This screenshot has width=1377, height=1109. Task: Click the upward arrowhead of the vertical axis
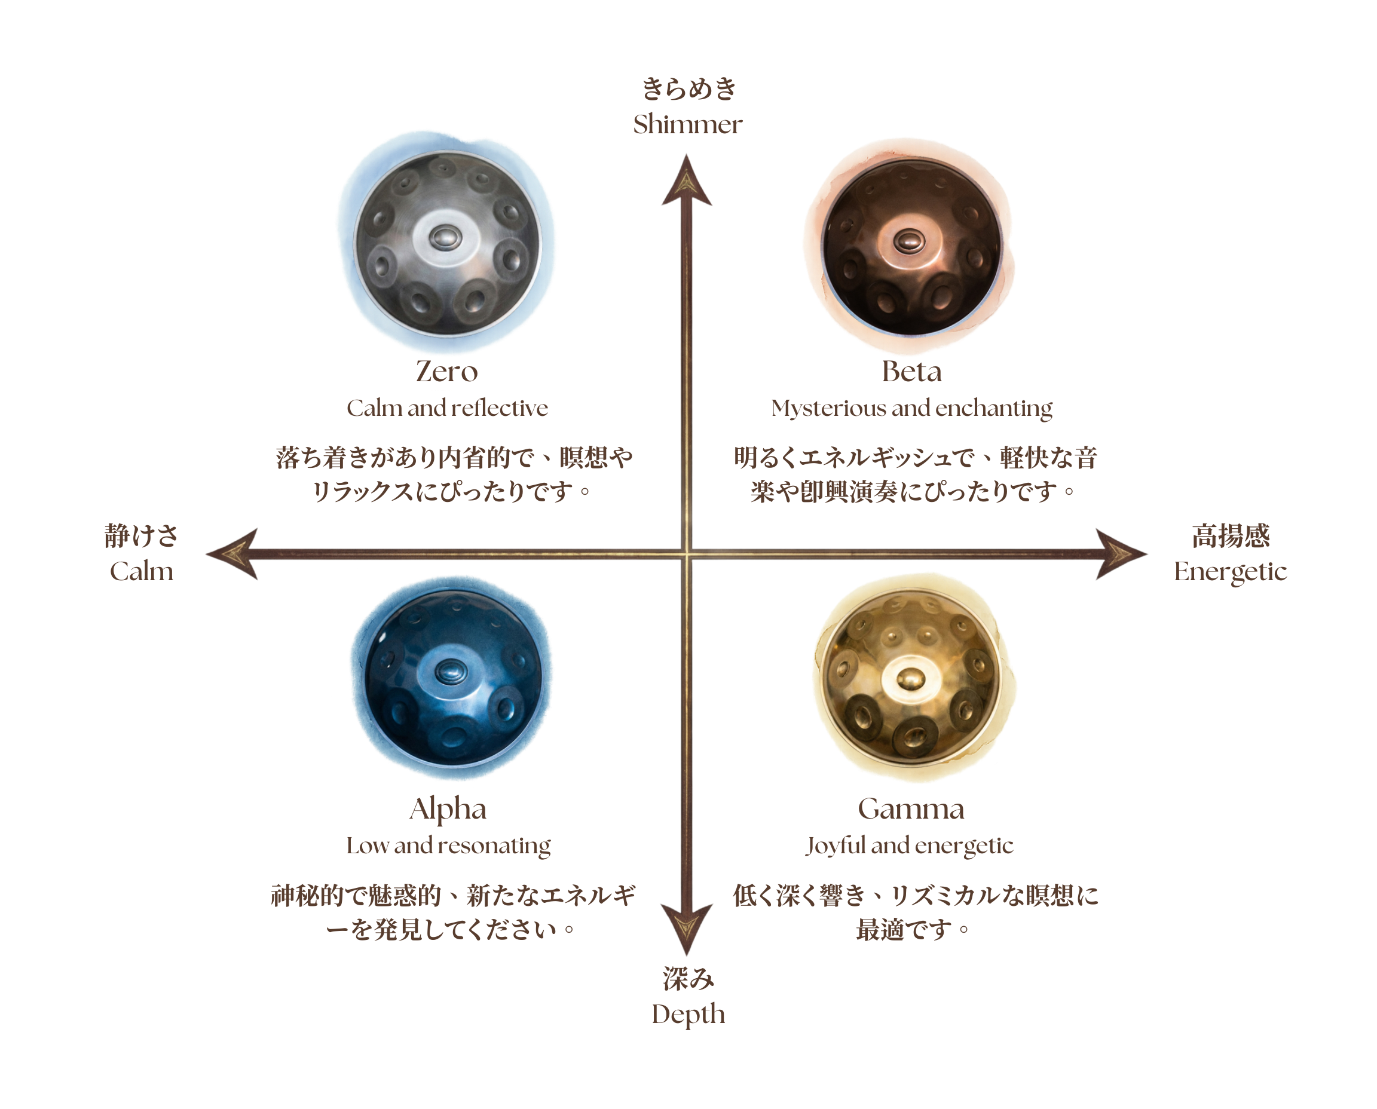[x=686, y=182]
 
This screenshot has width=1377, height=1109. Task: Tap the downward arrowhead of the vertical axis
[x=686, y=926]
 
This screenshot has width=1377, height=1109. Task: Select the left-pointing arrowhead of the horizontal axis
[x=233, y=553]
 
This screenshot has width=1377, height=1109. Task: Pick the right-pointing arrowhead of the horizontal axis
[x=1119, y=553]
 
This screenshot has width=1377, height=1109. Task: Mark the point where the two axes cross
[x=686, y=553]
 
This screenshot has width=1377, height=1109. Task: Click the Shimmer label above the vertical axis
[x=685, y=124]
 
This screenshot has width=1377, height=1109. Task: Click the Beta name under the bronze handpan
[x=911, y=372]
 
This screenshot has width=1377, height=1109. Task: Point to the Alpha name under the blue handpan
[x=449, y=811]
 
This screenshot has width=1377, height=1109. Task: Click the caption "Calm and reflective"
[x=446, y=409]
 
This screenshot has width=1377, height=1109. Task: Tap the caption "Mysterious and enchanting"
[x=911, y=409]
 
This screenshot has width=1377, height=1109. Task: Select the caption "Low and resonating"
[x=449, y=848]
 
